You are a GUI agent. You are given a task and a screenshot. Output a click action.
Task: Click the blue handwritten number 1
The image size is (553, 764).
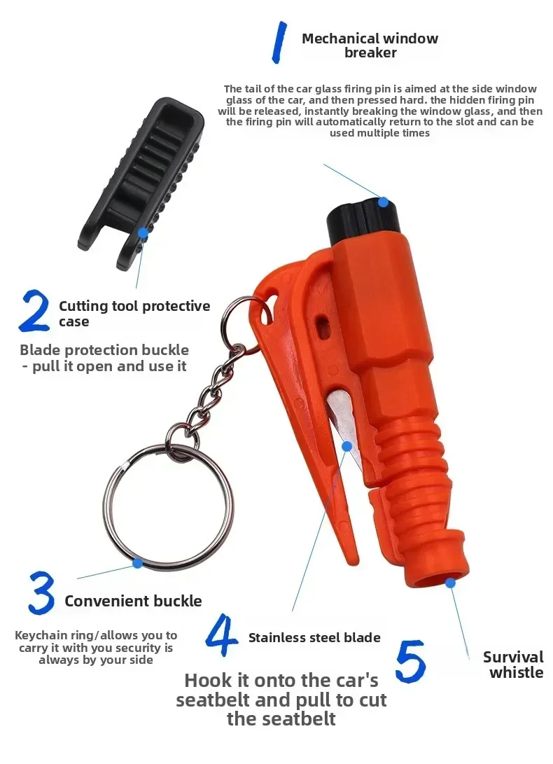pos(279,43)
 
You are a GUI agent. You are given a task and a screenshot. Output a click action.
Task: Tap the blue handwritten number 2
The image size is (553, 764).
pos(34,311)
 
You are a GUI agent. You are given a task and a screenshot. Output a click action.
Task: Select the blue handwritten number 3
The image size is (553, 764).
pos(41,592)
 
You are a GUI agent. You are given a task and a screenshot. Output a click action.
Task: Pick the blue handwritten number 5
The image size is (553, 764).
pos(411,661)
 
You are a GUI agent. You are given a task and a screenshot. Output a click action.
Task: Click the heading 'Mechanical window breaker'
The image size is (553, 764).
pos(370,46)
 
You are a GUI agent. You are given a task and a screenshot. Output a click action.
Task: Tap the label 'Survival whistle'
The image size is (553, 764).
pos(514,665)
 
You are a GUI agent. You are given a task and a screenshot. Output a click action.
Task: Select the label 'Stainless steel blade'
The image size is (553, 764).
pos(314,637)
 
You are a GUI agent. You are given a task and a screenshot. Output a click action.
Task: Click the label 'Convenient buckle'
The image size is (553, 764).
pos(133,601)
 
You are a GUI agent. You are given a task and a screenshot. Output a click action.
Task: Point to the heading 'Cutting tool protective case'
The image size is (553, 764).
pos(134,313)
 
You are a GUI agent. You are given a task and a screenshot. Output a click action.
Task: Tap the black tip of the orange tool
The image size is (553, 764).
pos(363,219)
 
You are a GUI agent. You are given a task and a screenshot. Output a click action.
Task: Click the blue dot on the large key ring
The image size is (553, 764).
pos(138,563)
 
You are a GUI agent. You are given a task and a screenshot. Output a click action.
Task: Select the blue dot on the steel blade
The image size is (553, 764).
pos(347,446)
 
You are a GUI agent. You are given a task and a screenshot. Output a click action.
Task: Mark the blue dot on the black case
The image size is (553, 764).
pos(143,233)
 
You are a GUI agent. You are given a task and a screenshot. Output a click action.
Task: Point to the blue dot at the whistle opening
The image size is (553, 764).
pos(450,582)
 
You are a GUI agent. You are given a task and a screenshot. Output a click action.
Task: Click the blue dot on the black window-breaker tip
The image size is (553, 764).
pos(384,202)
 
